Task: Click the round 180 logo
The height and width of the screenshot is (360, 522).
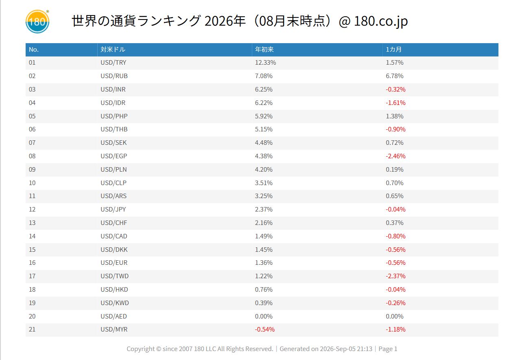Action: [x=37, y=22]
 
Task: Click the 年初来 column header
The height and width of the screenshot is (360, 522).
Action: [x=264, y=49]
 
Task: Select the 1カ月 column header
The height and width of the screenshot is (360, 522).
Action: [x=393, y=49]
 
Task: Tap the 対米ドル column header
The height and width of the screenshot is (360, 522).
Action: [x=113, y=49]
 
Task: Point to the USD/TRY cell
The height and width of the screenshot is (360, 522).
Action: [x=113, y=63]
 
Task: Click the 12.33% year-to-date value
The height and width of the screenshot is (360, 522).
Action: [x=265, y=63]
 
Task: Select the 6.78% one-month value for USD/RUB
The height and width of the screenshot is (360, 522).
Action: [x=395, y=76]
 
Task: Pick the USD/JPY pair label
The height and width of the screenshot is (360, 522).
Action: [x=113, y=209]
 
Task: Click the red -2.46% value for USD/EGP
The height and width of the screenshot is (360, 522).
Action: [x=395, y=156]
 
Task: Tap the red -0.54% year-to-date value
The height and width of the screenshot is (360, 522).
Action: [x=264, y=329]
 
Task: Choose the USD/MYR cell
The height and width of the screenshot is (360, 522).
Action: [x=114, y=329]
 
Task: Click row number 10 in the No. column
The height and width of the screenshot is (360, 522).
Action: [x=32, y=183]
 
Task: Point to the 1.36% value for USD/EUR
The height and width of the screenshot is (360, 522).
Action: [x=264, y=263]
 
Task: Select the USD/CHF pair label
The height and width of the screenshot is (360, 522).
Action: [x=114, y=223]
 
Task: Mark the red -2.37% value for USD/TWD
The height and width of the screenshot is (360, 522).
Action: [x=395, y=276]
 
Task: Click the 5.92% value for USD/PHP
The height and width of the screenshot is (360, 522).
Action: [x=264, y=116]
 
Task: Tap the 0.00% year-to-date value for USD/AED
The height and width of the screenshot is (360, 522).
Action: [x=264, y=316]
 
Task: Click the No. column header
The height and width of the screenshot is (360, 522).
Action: [x=34, y=49]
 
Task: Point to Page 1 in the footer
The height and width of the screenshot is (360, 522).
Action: [x=388, y=349]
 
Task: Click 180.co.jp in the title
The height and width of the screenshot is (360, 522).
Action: [x=381, y=21]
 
